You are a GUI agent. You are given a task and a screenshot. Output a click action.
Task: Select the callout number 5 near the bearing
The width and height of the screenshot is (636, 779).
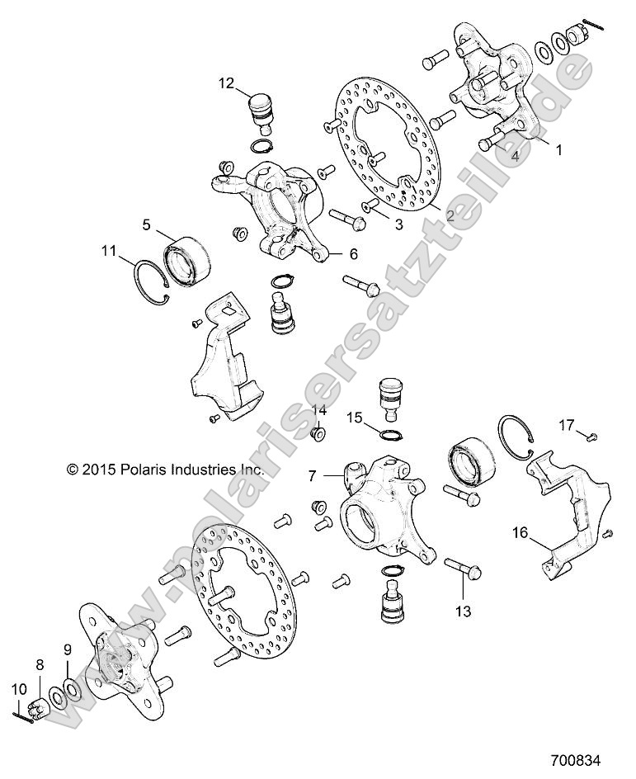coord(146,224)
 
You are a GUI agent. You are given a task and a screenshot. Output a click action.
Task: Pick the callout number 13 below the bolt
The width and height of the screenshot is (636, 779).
coord(462,611)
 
